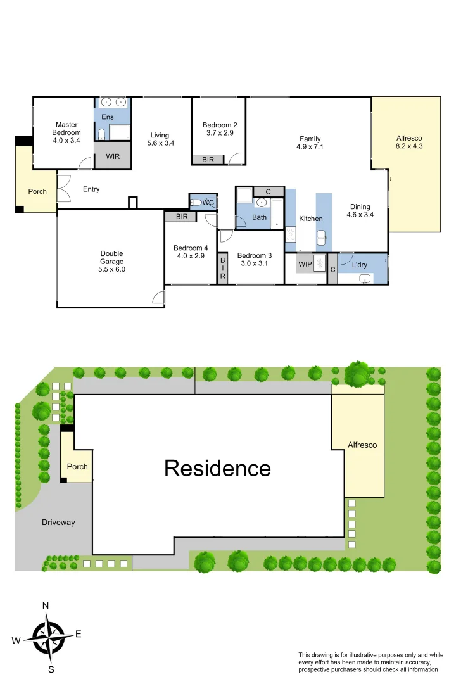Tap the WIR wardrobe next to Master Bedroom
[113, 155]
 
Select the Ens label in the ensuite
[108, 117]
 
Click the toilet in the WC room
[196, 203]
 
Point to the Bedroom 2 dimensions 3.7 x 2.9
[220, 133]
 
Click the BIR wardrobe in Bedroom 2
[208, 160]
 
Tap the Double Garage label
[111, 258]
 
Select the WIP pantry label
[305, 263]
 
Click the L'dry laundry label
[360, 265]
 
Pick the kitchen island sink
[322, 238]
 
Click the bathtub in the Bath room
[277, 213]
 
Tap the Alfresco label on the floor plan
[408, 138]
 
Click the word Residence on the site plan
[217, 468]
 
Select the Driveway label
[58, 522]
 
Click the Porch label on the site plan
[77, 467]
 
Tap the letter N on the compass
[46, 605]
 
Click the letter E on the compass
[79, 634]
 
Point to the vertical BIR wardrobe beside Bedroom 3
[222, 268]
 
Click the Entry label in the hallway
[91, 189]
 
